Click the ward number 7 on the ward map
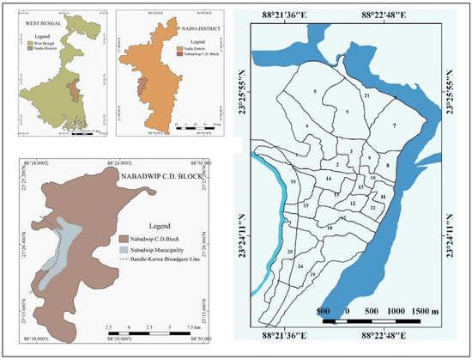pos(394,126)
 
